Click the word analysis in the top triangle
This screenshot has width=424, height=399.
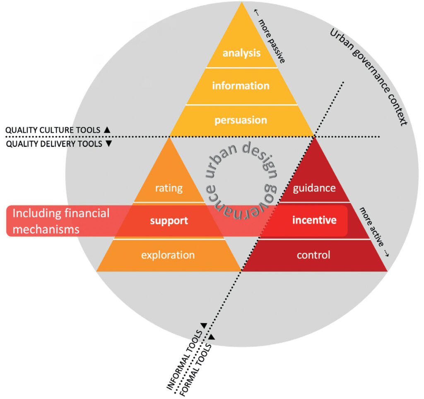[x=241, y=53]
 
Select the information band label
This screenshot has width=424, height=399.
[x=241, y=86]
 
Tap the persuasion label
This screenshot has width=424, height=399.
[x=241, y=120]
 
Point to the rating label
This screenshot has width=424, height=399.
[x=169, y=188]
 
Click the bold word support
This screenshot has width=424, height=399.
[x=169, y=220]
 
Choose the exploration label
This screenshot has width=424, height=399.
[x=168, y=255]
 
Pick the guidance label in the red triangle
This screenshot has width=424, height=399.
[x=314, y=188]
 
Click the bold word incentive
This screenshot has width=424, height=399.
[x=314, y=220]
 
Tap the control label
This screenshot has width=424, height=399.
[x=313, y=255]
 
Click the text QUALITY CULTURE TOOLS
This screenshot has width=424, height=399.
[x=53, y=130]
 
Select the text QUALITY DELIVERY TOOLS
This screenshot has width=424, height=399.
[x=53, y=144]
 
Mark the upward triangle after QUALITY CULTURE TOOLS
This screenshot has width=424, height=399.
[x=107, y=130]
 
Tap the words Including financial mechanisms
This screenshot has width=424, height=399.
[x=61, y=221]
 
